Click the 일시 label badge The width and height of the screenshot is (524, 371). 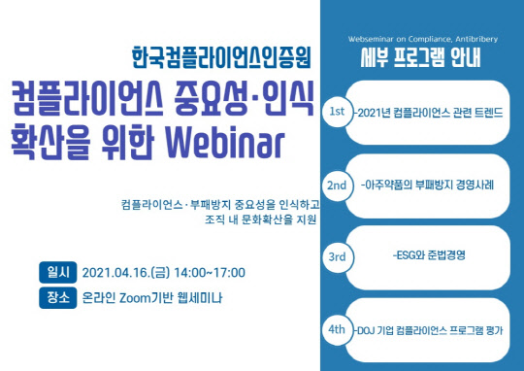pos(54,272)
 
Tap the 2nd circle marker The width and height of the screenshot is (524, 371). pos(337,185)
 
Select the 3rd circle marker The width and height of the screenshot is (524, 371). pos(337,257)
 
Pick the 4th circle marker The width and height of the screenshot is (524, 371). pos(337,329)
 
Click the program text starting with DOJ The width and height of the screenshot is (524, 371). pos(430,330)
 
